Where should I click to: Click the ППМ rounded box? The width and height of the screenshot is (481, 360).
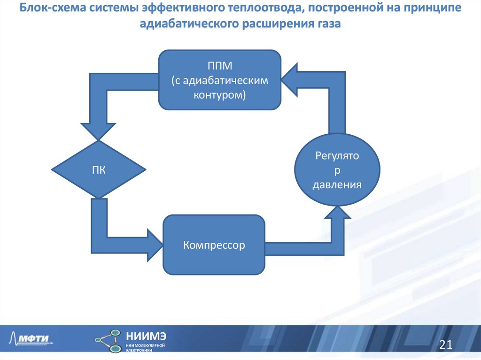pos(220,80)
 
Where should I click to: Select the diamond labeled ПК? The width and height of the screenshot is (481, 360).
pos(98,169)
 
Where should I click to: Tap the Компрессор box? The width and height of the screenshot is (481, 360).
pos(214,245)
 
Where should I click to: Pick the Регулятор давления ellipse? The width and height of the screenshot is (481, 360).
pos(337,170)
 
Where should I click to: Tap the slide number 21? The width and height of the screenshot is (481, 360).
pos(445,345)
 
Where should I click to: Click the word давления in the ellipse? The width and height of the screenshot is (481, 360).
pos(337,184)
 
